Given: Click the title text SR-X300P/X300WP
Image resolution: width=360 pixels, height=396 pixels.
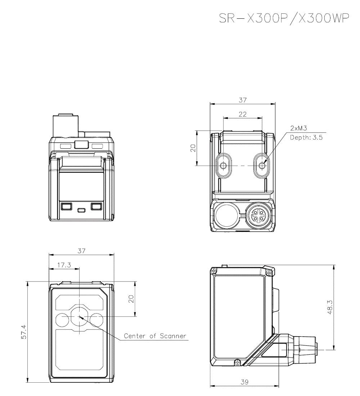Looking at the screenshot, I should click(x=284, y=19).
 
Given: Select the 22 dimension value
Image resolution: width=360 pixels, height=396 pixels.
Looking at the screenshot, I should click(x=243, y=114).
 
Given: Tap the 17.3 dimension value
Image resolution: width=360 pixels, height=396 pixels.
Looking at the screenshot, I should click(x=64, y=265).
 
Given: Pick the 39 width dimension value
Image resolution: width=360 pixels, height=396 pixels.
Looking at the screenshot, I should click(x=244, y=382).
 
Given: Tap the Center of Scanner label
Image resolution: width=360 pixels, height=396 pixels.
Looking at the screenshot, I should click(x=155, y=336).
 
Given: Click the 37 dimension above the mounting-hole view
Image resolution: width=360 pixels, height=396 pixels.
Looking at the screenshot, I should click(x=243, y=100).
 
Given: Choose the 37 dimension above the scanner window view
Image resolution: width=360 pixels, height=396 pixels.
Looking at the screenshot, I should click(x=81, y=251).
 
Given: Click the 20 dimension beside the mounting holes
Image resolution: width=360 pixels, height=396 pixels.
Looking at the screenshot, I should click(x=193, y=148).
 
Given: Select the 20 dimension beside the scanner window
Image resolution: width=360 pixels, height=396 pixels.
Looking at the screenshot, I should click(x=131, y=299).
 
